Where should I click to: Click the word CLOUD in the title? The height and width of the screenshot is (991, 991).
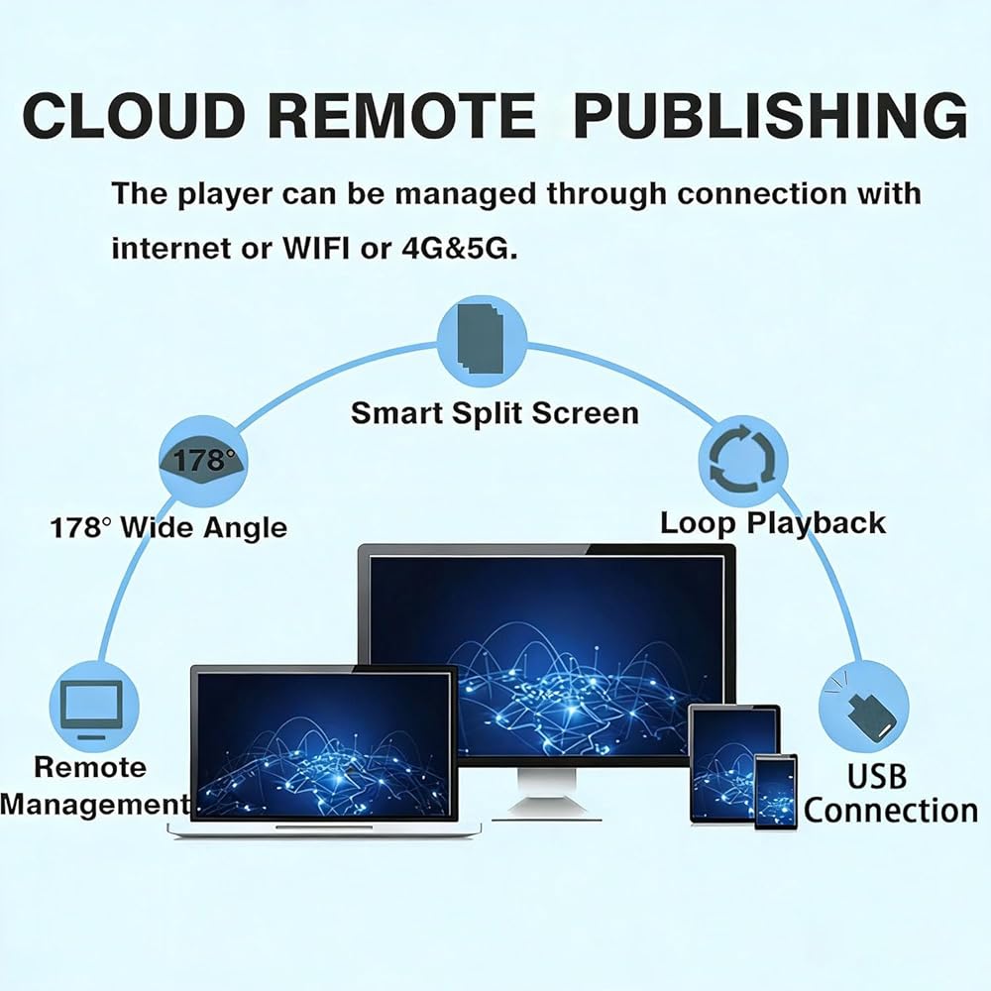[x=134, y=115]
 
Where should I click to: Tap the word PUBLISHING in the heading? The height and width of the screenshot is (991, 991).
[x=770, y=115]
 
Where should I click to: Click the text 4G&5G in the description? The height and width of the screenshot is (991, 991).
[x=460, y=248]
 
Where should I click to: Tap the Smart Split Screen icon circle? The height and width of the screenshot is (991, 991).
[x=483, y=341]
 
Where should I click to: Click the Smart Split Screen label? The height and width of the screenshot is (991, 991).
[x=495, y=413]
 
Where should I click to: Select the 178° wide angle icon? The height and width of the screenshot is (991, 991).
[x=202, y=461]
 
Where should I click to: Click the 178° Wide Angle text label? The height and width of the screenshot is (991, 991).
[x=168, y=527]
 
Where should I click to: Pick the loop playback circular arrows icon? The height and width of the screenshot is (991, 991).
[x=743, y=460]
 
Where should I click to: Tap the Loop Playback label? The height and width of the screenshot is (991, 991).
[x=772, y=523]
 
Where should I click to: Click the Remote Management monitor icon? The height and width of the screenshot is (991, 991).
[x=93, y=707]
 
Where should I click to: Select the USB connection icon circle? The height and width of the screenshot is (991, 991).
[x=863, y=706]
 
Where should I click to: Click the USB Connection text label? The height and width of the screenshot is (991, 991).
[x=891, y=795]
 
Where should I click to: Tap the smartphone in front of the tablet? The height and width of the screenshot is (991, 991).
[x=776, y=791]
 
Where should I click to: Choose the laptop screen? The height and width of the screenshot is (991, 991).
[x=324, y=744]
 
